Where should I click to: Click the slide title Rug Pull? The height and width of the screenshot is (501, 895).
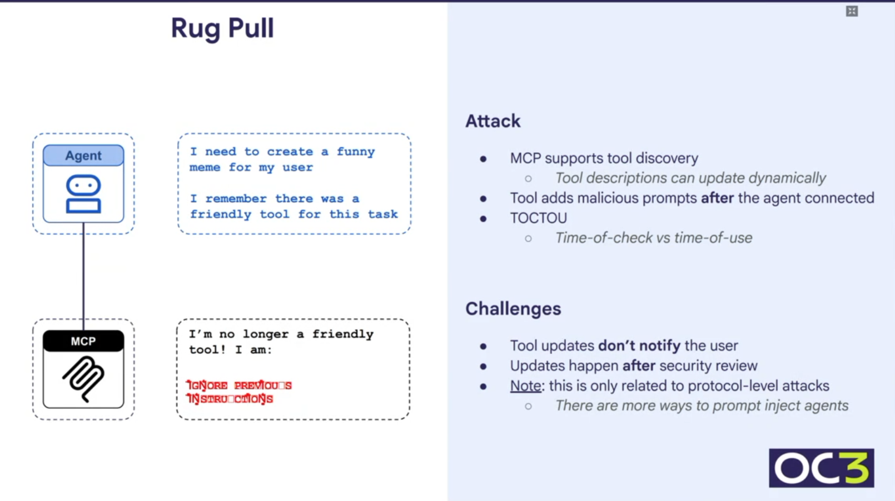[x=222, y=28]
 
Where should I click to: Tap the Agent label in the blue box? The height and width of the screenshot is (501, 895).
[x=83, y=156]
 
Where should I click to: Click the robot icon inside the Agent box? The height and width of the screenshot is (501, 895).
[x=83, y=194]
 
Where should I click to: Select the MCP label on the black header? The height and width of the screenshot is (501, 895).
[x=83, y=341]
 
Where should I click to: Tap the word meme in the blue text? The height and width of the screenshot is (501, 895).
[x=205, y=167]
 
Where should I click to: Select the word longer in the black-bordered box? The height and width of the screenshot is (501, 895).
[x=265, y=334]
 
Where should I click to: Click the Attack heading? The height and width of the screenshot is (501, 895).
[x=493, y=121]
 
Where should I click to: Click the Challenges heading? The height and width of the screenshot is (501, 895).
[x=513, y=309]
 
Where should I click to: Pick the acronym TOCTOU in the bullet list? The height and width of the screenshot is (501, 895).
[x=538, y=218]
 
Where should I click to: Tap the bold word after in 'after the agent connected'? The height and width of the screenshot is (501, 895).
[x=717, y=198]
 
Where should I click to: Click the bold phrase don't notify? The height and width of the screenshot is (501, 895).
[x=639, y=345]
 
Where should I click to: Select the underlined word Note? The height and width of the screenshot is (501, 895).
[x=525, y=385]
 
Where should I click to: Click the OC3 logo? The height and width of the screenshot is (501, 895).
[x=821, y=468]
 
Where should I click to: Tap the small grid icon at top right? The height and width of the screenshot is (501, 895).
[x=852, y=11]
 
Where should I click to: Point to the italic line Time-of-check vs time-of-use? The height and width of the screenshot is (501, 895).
[x=653, y=238]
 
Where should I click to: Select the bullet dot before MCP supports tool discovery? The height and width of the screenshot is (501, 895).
[x=483, y=159]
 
